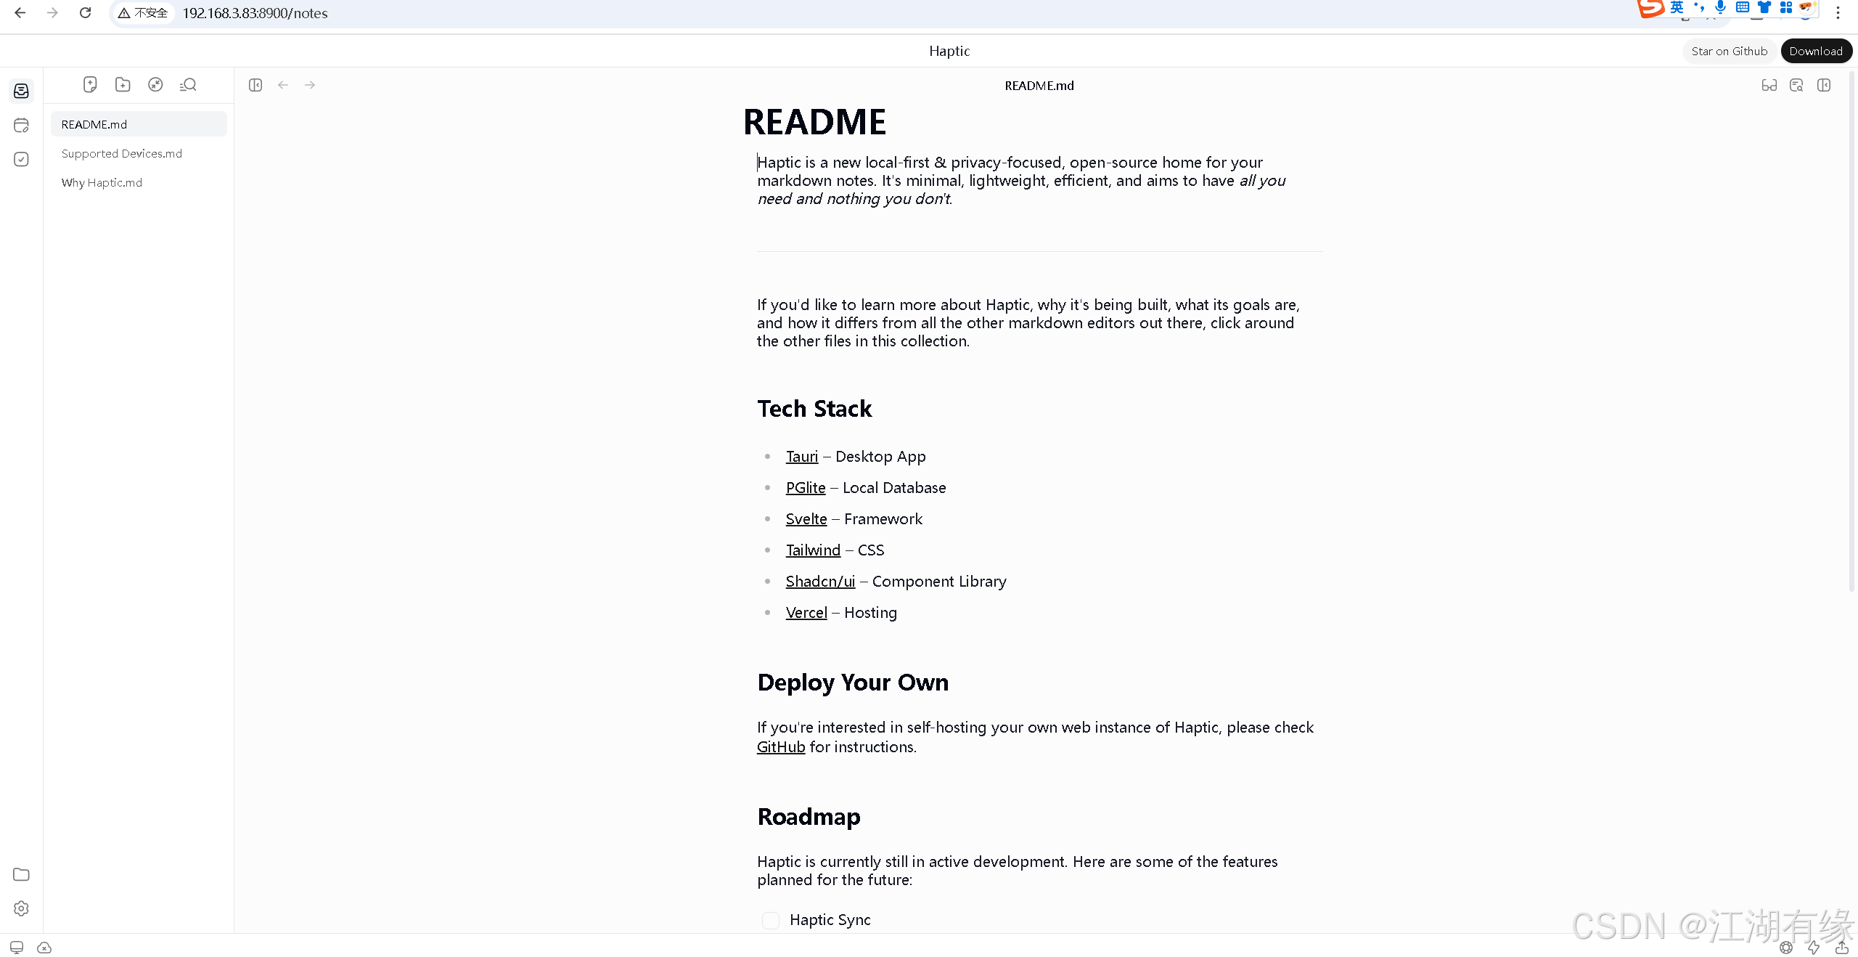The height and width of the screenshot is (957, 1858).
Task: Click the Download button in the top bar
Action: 1815,51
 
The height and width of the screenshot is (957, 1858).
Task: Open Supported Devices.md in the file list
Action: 122,153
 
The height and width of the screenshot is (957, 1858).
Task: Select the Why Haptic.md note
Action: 102,182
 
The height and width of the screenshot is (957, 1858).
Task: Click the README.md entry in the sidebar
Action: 94,124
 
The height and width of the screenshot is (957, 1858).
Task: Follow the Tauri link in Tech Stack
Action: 801,457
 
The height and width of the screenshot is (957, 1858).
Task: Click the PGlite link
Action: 806,488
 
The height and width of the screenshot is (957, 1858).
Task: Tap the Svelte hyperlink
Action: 806,519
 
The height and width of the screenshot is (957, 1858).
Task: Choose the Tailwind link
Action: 813,550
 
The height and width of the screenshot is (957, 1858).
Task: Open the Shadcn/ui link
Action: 820,582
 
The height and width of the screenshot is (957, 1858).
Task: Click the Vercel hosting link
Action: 806,613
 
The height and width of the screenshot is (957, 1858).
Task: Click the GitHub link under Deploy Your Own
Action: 781,747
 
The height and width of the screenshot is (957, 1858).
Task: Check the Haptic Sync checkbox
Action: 771,921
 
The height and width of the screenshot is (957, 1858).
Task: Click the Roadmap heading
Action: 809,817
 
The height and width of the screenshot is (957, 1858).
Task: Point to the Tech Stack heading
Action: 814,409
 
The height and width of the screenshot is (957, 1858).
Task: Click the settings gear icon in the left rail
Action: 21,908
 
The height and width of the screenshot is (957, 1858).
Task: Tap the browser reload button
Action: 85,12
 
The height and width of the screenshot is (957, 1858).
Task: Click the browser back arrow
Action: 20,12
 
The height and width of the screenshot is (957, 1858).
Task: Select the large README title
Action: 814,122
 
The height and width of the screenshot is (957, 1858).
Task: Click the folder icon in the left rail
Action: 21,874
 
